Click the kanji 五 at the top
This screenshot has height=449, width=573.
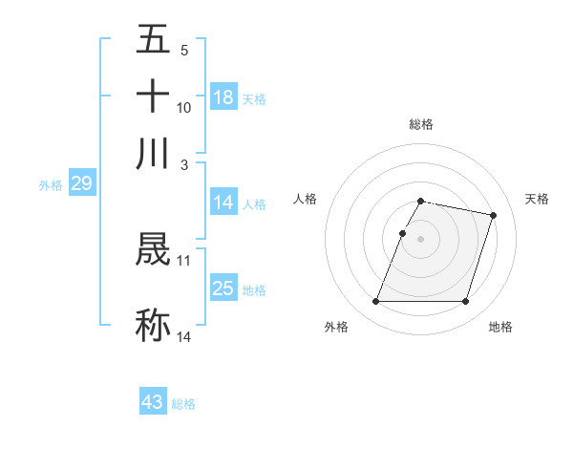tap(154, 40)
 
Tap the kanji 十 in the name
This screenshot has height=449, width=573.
tap(154, 96)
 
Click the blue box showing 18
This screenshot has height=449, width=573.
tap(223, 97)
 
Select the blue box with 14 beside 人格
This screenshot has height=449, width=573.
tap(223, 203)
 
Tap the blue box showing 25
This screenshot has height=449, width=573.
tap(223, 289)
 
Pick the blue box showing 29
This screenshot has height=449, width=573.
tap(81, 183)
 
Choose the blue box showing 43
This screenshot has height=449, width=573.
tap(153, 402)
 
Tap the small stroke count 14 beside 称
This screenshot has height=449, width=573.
tap(183, 336)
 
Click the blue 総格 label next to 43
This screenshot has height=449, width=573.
tap(183, 404)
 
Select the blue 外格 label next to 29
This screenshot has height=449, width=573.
tap(51, 185)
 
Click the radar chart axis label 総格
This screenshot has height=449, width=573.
tap(420, 124)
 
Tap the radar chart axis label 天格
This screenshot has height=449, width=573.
tap(537, 199)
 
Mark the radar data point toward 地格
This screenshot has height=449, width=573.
tap(465, 302)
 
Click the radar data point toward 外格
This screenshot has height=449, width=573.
tap(375, 302)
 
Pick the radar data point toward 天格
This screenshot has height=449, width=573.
tap(493, 216)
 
